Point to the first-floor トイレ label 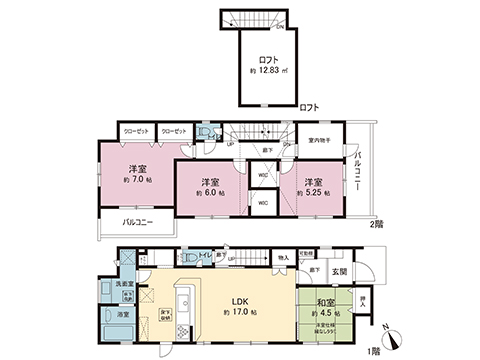[205, 257]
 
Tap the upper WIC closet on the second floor [262, 177]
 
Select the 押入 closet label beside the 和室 [362, 299]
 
